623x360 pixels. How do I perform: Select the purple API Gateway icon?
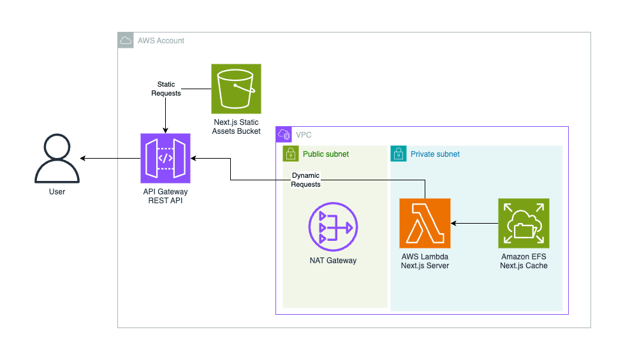click(165, 158)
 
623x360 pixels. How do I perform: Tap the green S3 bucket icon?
click(236, 88)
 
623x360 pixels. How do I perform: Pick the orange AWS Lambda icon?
click(425, 223)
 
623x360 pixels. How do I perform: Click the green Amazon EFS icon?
click(524, 223)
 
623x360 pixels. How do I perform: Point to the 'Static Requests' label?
click(166, 89)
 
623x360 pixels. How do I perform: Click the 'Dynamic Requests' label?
click(305, 180)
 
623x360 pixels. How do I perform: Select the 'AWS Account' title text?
click(161, 41)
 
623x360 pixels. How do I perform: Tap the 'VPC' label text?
click(304, 135)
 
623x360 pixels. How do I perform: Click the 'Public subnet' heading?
click(325, 154)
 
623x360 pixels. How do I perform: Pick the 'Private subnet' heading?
click(435, 154)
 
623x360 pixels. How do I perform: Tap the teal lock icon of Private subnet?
click(399, 154)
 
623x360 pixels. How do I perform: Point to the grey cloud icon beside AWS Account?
click(126, 41)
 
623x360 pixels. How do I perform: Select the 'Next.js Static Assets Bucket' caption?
click(236, 126)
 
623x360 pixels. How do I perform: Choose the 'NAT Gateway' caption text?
click(333, 260)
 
